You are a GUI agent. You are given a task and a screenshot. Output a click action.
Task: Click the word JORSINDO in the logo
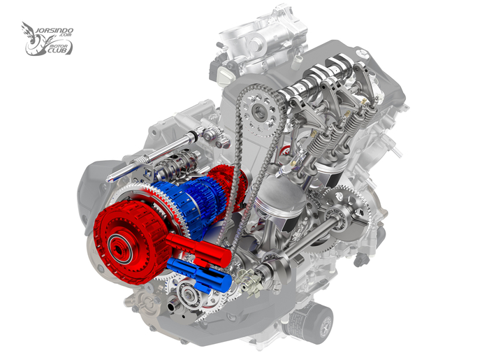coord(54,31)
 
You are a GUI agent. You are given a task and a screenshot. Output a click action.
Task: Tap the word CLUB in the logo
coord(59,50)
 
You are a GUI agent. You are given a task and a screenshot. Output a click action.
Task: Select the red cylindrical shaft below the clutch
coord(198,249)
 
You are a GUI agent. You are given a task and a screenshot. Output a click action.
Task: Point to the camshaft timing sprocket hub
coord(259,113)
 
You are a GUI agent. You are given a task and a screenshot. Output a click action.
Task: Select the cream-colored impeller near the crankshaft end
coord(250,282)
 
